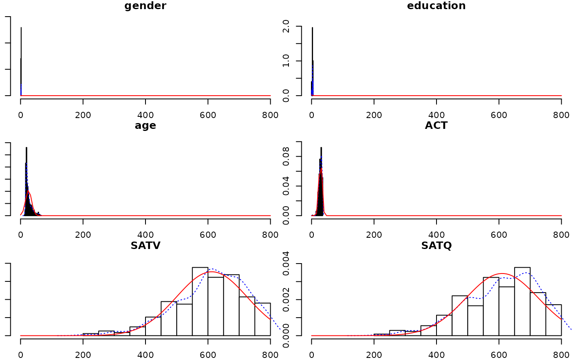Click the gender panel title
[x=145, y=6]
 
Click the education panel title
[x=436, y=6]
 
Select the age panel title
[x=145, y=126]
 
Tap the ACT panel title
[x=436, y=126]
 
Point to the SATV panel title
[x=145, y=245]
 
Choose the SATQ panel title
[x=436, y=245]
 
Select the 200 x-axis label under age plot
[x=83, y=234]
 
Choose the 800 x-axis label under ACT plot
[x=561, y=234]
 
